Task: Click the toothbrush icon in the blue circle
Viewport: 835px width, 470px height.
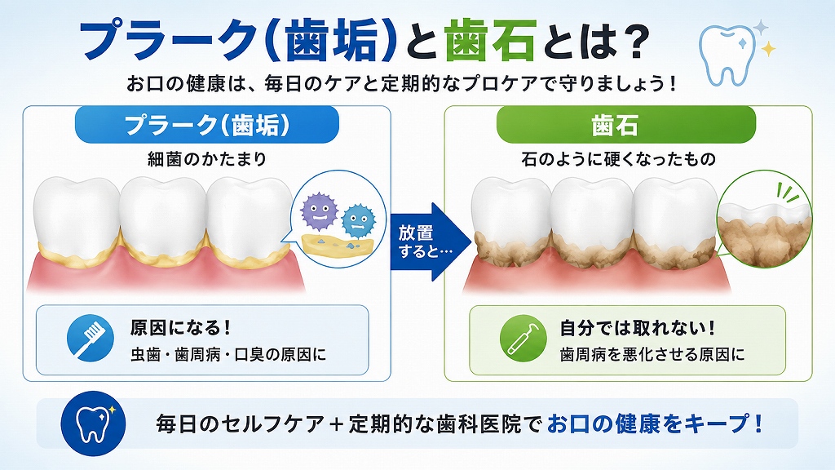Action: tap(91, 339)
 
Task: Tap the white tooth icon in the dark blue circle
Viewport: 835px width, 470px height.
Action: tap(94, 423)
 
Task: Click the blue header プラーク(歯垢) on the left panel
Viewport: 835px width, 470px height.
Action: tap(207, 125)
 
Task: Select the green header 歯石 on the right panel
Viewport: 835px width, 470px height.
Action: tap(626, 125)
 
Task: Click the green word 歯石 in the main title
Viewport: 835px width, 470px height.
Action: tap(490, 41)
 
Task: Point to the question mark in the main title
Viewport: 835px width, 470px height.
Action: tap(634, 41)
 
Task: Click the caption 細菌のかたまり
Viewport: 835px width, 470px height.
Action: tap(207, 159)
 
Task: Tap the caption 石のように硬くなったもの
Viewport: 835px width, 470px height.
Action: tap(618, 159)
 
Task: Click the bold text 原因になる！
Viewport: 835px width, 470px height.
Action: tap(181, 328)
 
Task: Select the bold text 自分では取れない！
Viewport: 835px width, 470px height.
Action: tap(637, 328)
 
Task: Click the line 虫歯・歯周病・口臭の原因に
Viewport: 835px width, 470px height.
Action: tap(228, 354)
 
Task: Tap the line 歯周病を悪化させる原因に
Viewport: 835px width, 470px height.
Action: tap(652, 354)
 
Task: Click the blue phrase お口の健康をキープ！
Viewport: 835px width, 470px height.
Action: tap(655, 423)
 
